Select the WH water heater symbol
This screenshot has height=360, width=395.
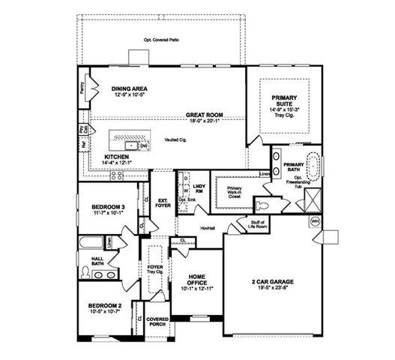click(314, 222)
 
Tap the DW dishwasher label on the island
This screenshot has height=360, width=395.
click(143, 145)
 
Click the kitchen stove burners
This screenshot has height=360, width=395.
click(118, 175)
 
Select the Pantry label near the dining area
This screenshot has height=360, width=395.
click(82, 88)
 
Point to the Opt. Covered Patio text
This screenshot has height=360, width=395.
click(161, 40)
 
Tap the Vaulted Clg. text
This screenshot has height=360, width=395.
click(176, 140)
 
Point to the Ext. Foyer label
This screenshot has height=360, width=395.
click(163, 202)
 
